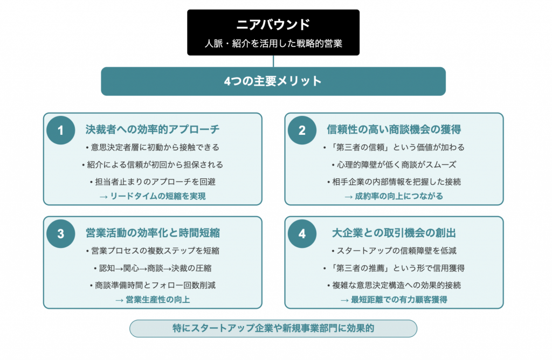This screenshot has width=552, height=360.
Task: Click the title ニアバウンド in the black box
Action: click(273, 24)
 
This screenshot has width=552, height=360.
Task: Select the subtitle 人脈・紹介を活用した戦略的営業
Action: click(273, 43)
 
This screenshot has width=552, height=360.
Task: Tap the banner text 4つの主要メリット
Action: click(273, 81)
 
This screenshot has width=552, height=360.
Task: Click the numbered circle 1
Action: click(60, 130)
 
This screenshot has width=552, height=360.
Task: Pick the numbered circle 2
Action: click(302, 130)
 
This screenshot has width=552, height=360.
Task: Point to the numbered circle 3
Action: click(60, 234)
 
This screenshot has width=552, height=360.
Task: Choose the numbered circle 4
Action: click(302, 234)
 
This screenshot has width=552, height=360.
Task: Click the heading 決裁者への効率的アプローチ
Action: click(153, 129)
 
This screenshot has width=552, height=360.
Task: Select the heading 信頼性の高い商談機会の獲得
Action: click(394, 129)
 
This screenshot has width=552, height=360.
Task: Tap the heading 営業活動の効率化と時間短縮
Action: click(153, 233)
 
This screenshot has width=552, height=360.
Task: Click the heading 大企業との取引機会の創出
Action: click(394, 233)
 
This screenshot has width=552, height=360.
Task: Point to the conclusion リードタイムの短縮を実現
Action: click(158, 196)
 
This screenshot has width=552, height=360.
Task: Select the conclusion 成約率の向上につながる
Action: click(398, 196)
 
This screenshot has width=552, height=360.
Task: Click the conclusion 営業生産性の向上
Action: click(158, 300)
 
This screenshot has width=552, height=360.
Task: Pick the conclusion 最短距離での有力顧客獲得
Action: click(399, 300)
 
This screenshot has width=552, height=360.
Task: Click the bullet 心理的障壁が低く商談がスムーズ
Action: click(394, 165)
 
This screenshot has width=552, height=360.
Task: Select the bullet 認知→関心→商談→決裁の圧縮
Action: click(153, 268)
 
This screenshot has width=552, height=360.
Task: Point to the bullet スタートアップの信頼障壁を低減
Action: click(394, 251)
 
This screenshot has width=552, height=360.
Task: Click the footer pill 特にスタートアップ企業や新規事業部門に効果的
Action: click(273, 328)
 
